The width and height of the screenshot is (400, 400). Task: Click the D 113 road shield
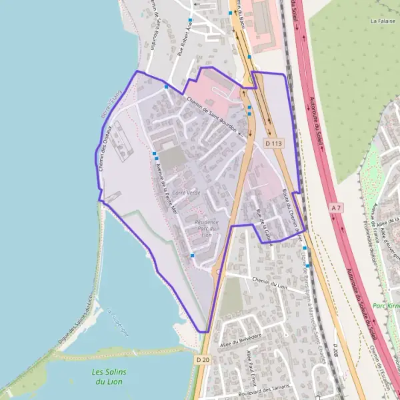pyautogui.click(x=274, y=143)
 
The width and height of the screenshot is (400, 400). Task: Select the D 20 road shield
pyautogui.click(x=204, y=359)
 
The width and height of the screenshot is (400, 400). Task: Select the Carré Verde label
pyautogui.click(x=186, y=192)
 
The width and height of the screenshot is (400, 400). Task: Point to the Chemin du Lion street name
pyautogui.click(x=269, y=283)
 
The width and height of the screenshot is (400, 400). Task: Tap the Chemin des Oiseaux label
pyautogui.click(x=105, y=149)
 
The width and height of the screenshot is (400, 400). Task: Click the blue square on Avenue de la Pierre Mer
pyautogui.click(x=155, y=154)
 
